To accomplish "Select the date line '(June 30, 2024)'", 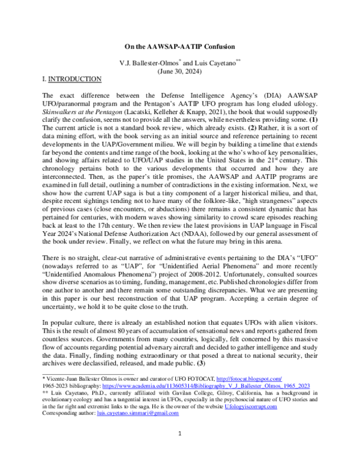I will point(179,70).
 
